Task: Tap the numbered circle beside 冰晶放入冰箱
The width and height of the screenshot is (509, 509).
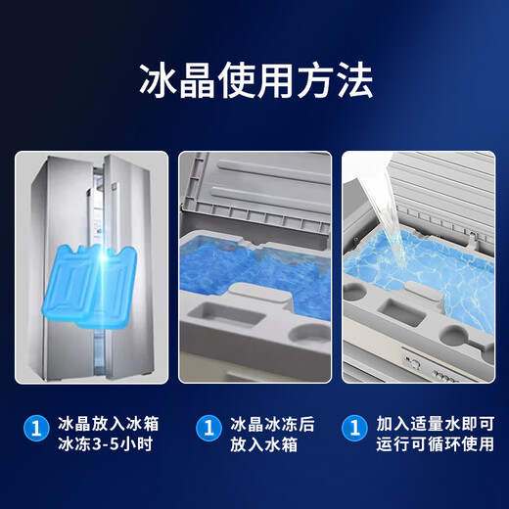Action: (36, 427)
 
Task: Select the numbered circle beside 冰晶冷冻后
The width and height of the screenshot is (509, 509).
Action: (208, 427)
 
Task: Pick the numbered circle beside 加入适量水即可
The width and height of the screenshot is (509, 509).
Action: (353, 427)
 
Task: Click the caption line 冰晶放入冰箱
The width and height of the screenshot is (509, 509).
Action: (109, 425)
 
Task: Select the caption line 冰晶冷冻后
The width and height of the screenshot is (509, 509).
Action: (272, 425)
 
